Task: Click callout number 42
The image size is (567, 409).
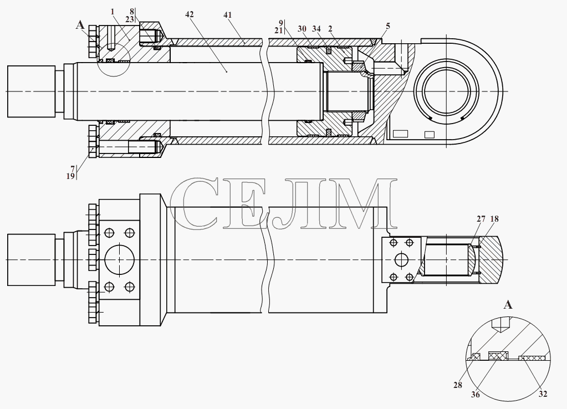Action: pyautogui.click(x=189, y=14)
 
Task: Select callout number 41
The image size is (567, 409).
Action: pyautogui.click(x=227, y=15)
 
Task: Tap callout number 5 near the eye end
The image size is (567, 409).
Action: pyautogui.click(x=388, y=26)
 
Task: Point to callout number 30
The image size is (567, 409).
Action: pyautogui.click(x=302, y=29)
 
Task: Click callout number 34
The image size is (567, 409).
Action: pyautogui.click(x=316, y=29)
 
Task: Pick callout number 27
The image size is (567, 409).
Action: pyautogui.click(x=481, y=219)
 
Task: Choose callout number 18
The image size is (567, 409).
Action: pyautogui.click(x=494, y=219)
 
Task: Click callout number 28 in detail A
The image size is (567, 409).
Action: pyautogui.click(x=458, y=385)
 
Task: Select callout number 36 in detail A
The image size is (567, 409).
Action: pyautogui.click(x=476, y=395)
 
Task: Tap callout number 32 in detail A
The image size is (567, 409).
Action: pyautogui.click(x=543, y=394)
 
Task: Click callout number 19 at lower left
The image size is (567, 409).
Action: pyautogui.click(x=70, y=176)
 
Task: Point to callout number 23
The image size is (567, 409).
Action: pyautogui.click(x=130, y=19)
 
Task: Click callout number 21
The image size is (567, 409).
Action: pyautogui.click(x=278, y=30)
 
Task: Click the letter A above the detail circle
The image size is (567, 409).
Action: pyautogui.click(x=508, y=305)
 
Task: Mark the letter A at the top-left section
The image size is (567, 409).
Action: pyautogui.click(x=80, y=25)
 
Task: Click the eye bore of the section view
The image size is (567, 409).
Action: pyautogui.click(x=447, y=91)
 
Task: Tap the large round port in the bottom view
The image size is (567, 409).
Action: pyautogui.click(x=119, y=260)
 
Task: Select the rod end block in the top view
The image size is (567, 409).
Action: pyautogui.click(x=32, y=91)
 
